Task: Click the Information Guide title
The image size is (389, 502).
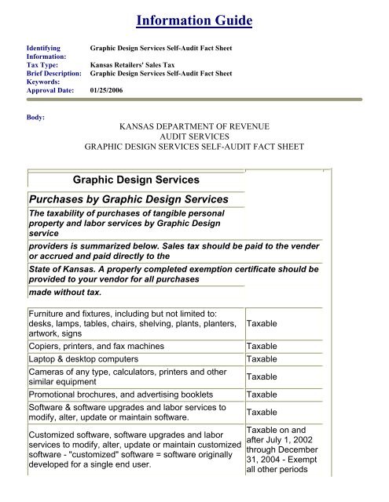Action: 194,18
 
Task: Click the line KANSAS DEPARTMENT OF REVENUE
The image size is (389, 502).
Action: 193,124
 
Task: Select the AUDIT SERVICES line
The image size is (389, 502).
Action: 194,135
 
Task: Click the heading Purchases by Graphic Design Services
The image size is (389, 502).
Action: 128,199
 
